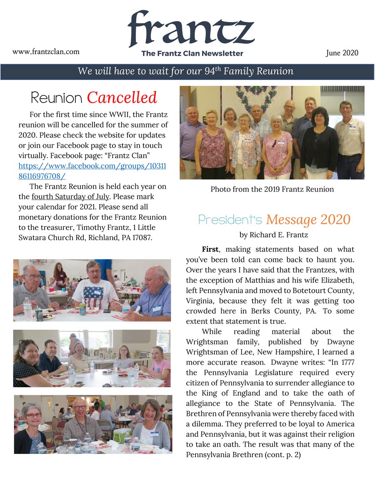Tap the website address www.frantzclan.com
(46, 52)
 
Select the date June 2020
(342, 53)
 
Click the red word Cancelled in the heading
(122, 98)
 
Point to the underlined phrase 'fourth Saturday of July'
(70, 196)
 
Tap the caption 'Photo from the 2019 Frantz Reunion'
(272, 189)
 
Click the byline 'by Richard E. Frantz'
(274, 235)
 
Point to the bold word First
(210, 249)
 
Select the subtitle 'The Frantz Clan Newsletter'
(192, 53)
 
